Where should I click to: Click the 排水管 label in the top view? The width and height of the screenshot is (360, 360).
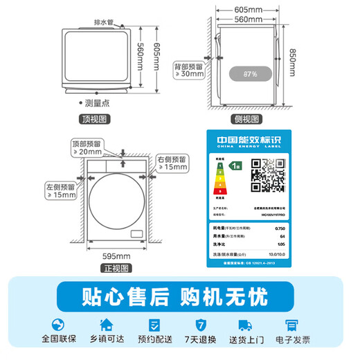click(x=105, y=22)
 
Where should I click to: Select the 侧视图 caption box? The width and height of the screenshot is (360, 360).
click(x=248, y=118)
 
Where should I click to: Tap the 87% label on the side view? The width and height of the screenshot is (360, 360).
click(x=250, y=73)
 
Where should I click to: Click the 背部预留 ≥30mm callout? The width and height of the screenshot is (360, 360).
click(x=189, y=69)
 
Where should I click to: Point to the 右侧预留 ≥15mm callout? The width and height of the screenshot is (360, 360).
click(x=171, y=163)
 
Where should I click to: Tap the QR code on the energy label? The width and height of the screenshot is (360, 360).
click(x=267, y=174)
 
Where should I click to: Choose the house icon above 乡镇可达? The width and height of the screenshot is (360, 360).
click(x=107, y=325)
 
